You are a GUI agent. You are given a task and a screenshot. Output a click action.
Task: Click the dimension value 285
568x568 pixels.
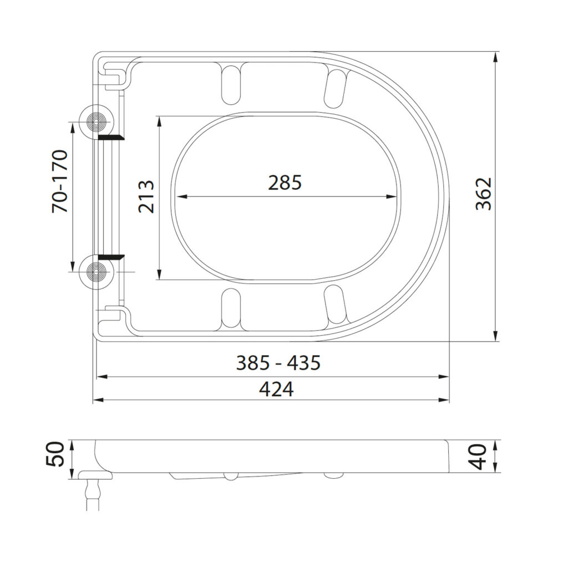pos(285,182)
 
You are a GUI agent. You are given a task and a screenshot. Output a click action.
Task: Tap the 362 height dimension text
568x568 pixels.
pos(484,194)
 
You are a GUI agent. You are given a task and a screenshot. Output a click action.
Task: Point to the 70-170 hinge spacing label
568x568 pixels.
pos(60,181)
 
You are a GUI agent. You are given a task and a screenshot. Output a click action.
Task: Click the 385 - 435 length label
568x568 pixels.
pos(278,363)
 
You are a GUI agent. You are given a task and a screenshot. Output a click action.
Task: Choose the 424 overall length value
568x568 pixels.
pos(276,390)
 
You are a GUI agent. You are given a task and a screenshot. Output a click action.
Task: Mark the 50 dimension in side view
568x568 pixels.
pos(58,454)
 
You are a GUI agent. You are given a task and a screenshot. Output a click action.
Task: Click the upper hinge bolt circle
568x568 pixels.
pos(97,121)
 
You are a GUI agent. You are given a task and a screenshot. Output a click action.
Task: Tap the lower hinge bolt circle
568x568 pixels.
pos(97,272)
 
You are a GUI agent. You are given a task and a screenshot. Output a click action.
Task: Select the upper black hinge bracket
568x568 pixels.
pos(111,136)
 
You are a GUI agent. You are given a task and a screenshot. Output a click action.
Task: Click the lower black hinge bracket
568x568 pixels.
pos(111,257)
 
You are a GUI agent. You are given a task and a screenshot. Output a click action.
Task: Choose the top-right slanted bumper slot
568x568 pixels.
pos(336,88)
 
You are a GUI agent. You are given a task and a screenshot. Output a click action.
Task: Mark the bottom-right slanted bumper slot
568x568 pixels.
pos(336,305)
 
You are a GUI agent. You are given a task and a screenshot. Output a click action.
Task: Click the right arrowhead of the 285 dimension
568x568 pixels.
pos(393,196)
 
